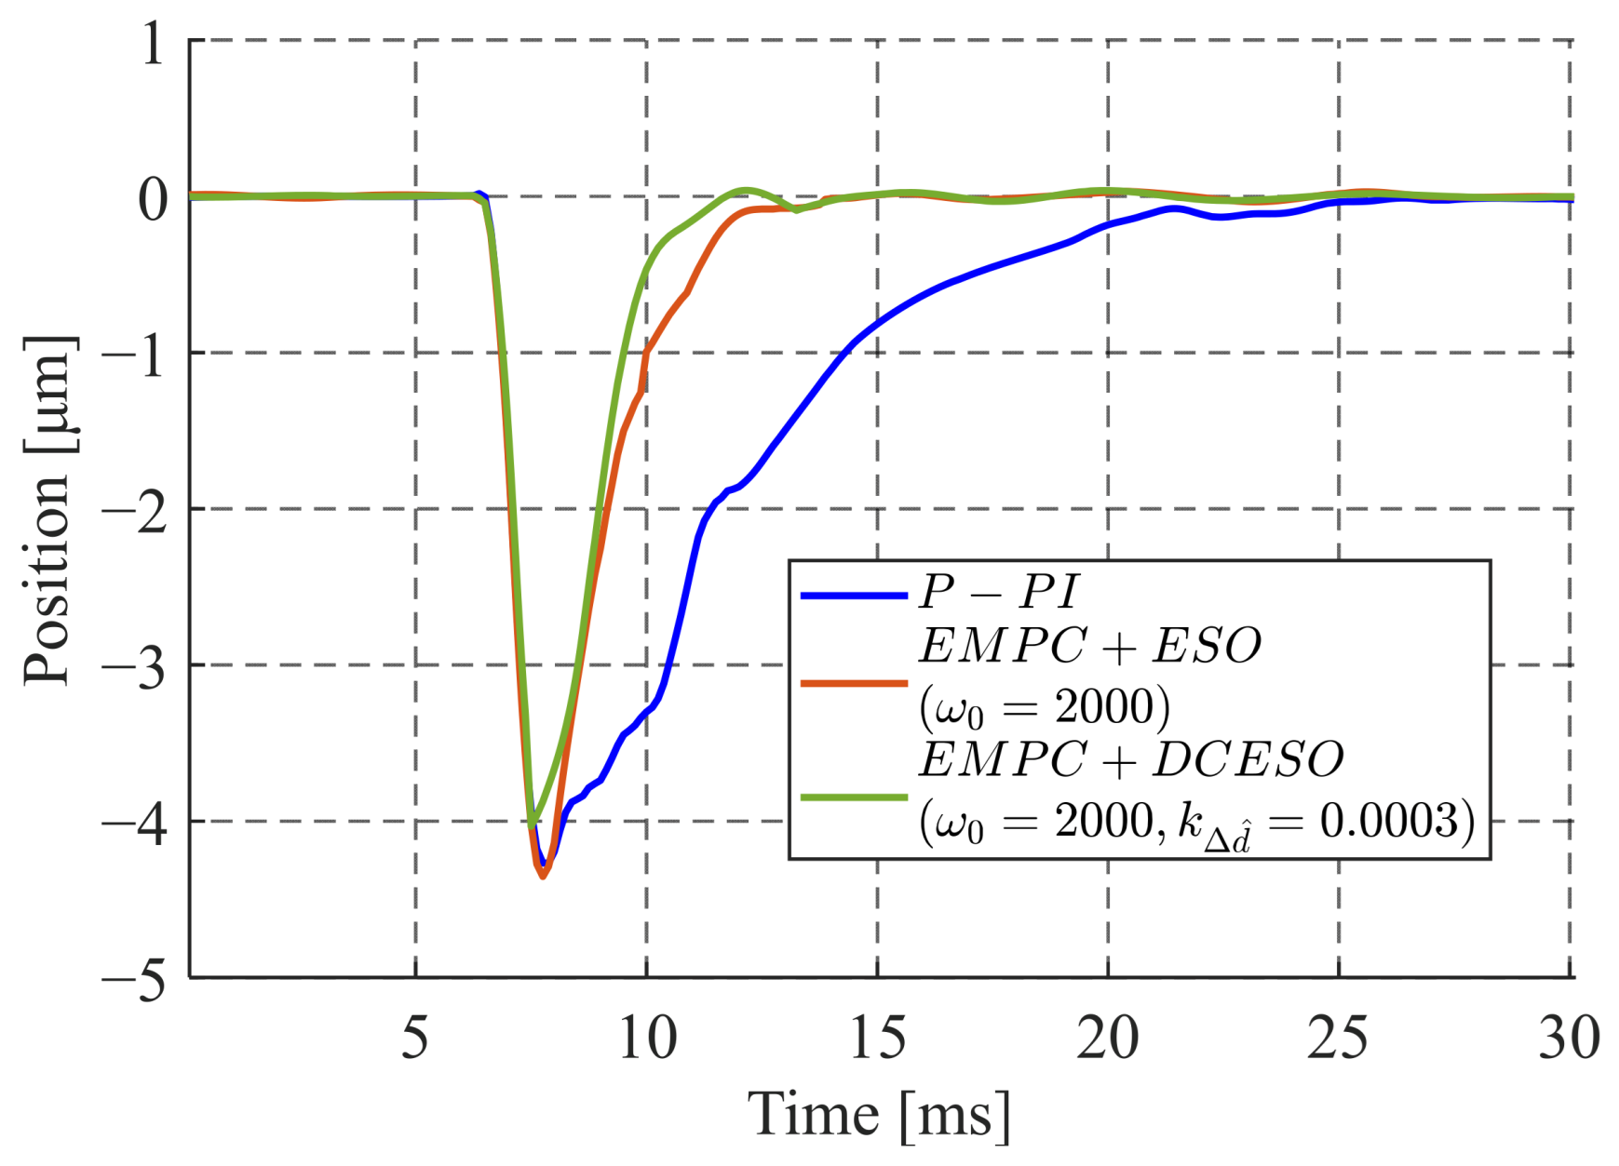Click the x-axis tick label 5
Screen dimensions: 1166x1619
pos(415,1037)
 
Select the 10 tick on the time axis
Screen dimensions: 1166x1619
pos(647,1037)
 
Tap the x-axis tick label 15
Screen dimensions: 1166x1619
pos(877,1037)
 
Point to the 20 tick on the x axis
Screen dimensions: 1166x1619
pos(1108,1037)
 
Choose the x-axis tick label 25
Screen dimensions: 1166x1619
pos(1338,1037)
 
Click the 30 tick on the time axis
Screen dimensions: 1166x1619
pos(1569,1037)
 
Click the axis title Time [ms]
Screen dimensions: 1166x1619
pos(879,1115)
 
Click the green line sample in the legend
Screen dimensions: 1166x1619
pos(854,797)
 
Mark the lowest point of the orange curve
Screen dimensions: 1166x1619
pos(543,876)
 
